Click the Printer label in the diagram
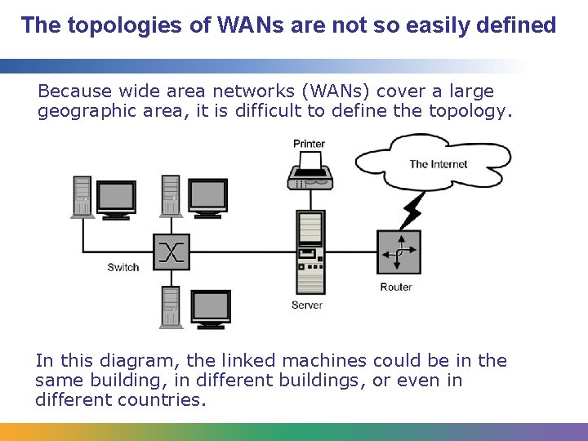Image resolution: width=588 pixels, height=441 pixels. coord(309,145)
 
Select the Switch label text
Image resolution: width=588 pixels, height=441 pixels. coord(123,267)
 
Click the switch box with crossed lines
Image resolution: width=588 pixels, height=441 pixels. coord(171,252)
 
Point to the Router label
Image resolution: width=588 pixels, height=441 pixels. coord(396,287)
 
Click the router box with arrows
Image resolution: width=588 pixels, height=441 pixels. coord(399,252)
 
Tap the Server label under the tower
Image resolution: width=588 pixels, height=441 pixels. coord(307,305)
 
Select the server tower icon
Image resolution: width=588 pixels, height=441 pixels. coord(310,253)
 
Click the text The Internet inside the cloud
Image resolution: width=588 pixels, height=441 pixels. coord(439,164)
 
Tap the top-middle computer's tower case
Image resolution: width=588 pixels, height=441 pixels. coord(170,196)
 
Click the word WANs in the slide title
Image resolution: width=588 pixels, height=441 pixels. coord(247,25)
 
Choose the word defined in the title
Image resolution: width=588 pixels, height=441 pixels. coord(519,25)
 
